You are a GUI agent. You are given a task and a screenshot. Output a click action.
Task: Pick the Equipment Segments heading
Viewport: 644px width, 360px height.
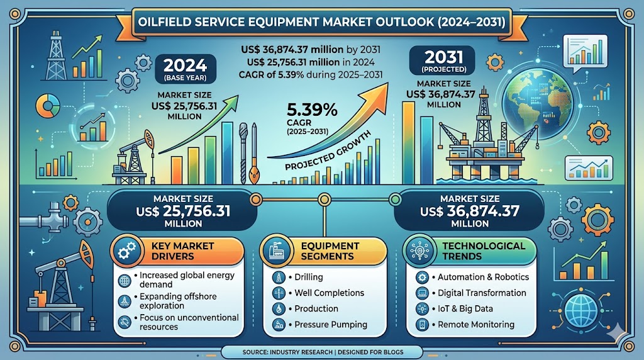click(330, 250)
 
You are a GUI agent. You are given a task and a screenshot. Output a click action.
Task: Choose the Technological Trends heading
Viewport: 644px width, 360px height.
click(483, 250)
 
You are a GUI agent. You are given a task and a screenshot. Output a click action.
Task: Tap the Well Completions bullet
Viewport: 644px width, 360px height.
click(329, 293)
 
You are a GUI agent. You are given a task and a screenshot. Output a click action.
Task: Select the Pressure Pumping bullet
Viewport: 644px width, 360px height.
click(330, 325)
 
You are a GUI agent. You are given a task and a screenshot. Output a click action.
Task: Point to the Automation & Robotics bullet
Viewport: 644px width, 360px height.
click(483, 277)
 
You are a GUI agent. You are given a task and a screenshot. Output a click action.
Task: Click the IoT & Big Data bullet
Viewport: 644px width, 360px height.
click(466, 308)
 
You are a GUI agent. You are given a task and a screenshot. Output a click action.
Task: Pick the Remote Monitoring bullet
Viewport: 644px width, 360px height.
click(475, 325)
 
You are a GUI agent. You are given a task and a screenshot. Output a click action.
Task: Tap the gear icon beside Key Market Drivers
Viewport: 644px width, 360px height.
click(126, 251)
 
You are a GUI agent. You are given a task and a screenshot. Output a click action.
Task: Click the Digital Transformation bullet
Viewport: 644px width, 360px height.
click(481, 293)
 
